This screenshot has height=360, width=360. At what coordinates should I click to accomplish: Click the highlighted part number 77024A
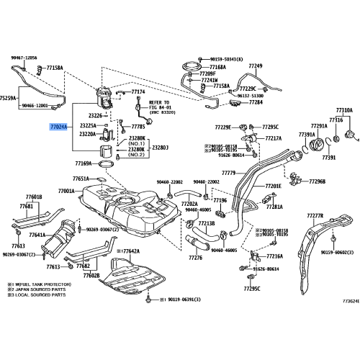coord(58,126)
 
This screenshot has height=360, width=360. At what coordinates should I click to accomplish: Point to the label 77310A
coord(342,110)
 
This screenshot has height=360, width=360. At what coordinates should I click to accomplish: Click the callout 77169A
coord(84,163)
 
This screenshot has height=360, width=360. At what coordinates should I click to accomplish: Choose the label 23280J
coord(159,147)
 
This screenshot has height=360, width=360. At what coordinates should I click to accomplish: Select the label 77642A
coord(130,251)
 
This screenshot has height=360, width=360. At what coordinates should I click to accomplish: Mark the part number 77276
coord(194,258)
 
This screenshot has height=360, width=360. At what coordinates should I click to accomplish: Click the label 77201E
coord(273,186)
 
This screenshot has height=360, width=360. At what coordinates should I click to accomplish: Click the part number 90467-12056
coord(24,58)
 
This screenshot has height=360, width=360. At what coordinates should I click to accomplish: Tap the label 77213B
coord(206,223)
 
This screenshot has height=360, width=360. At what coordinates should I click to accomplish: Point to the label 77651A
coord(81,179)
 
